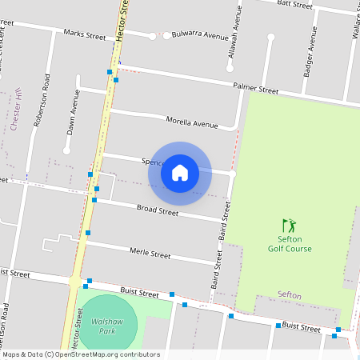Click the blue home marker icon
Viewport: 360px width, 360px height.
pyautogui.click(x=180, y=172)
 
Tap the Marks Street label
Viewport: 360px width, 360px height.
pyautogui.click(x=84, y=36)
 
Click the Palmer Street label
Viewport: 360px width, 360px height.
pyautogui.click(x=256, y=90)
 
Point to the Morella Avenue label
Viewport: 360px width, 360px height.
pyautogui.click(x=192, y=124)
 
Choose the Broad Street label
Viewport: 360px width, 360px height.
pyautogui.click(x=158, y=212)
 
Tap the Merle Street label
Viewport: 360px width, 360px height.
pyautogui.click(x=150, y=254)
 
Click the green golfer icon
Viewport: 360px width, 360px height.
pyautogui.click(x=289, y=226)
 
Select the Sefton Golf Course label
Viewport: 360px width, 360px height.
pyautogui.click(x=290, y=244)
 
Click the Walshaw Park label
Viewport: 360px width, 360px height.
pyautogui.click(x=105, y=325)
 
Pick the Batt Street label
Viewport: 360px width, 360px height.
pyautogui.click(x=294, y=5)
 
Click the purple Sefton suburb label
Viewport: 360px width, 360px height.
pyautogui.click(x=290, y=295)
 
